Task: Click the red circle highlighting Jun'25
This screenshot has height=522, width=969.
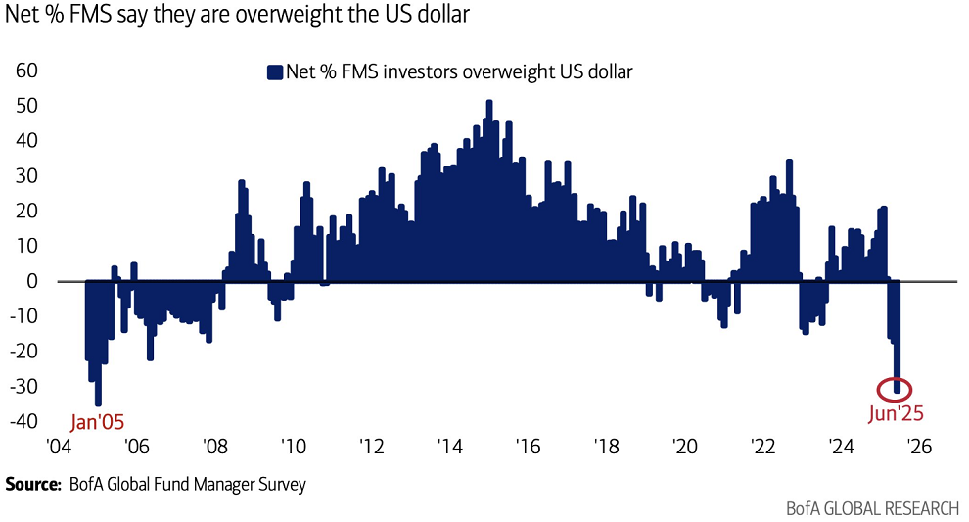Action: coord(897,388)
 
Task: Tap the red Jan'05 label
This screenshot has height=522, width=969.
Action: coord(99,423)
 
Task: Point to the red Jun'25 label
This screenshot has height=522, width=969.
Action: coord(896,413)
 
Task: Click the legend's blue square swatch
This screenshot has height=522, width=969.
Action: coord(274,71)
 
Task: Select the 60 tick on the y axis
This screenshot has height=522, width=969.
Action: coord(26,71)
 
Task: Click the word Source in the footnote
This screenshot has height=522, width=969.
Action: coord(31,484)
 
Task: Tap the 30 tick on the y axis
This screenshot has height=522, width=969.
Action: coord(26,176)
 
